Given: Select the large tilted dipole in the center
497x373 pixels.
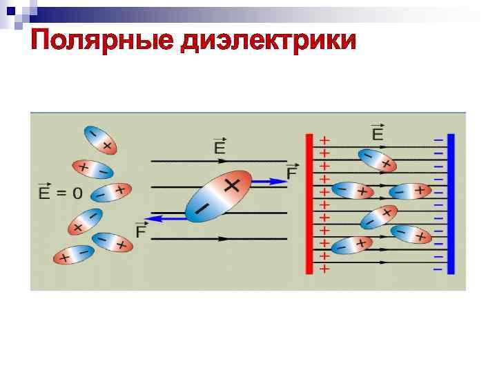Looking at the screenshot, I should click(x=215, y=195).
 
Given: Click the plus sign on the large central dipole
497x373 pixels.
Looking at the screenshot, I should click(x=232, y=184).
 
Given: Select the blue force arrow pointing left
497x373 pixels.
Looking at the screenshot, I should click(x=166, y=218).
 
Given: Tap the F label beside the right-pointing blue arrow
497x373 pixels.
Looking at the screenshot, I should click(x=291, y=171).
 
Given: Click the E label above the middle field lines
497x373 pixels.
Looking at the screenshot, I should click(x=220, y=146).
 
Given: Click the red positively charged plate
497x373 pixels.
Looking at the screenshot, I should click(x=310, y=204).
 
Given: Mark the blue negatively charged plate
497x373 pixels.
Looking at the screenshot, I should click(x=451, y=204).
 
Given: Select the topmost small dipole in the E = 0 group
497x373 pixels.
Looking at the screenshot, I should click(x=99, y=140).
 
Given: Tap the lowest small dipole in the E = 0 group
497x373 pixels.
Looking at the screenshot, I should click(x=72, y=255).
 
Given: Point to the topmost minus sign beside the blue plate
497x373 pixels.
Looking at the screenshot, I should click(x=438, y=140).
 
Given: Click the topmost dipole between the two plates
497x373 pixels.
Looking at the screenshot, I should click(x=377, y=161).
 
